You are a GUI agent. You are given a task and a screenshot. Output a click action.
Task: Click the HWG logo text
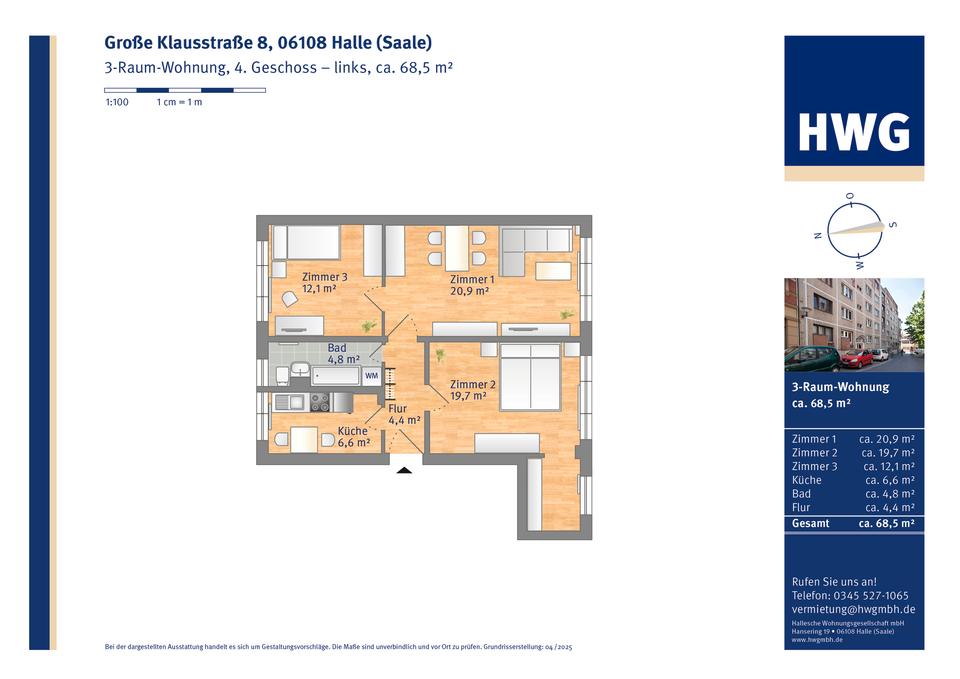853,132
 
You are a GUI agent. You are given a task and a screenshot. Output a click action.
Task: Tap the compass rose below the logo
852,230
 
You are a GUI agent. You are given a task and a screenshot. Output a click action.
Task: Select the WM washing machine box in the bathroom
371,376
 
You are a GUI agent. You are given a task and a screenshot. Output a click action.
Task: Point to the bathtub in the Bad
335,376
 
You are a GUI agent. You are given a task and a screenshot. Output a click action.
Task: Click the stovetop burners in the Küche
320,402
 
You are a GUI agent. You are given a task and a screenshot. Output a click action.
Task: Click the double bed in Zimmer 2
530,377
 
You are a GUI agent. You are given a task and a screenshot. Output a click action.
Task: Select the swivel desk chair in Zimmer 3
290,298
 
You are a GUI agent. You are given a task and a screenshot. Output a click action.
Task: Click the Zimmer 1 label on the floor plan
471,279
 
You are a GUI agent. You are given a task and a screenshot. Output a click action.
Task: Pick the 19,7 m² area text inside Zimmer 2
467,396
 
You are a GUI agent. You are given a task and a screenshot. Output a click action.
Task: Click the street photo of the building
853,325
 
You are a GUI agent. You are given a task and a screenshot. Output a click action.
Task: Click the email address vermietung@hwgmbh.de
852,609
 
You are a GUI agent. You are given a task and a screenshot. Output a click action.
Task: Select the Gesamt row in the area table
853,523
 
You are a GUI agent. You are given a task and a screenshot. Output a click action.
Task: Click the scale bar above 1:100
184,90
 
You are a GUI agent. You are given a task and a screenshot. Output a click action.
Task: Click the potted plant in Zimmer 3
369,325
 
